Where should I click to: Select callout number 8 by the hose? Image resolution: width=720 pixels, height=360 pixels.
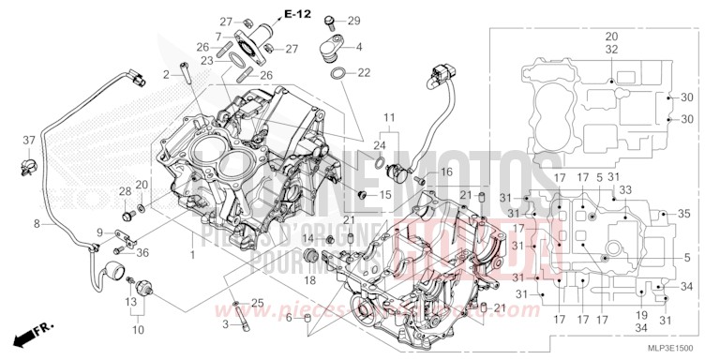37,224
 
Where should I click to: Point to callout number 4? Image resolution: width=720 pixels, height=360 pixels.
359,46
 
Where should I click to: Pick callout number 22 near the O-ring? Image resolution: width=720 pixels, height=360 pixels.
366,72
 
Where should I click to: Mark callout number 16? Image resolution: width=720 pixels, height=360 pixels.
446,172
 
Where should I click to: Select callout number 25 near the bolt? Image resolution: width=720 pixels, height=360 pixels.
258,303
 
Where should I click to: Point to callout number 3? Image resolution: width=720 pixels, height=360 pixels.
226,323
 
